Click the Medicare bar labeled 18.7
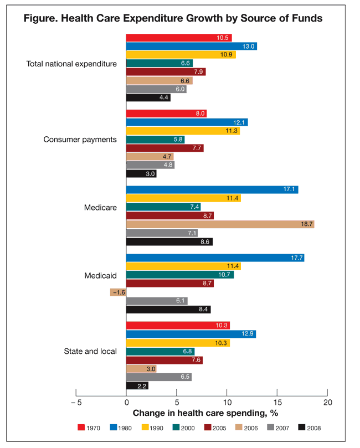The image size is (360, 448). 220,224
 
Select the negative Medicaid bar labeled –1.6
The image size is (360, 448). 118,292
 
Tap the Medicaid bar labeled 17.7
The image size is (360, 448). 215,258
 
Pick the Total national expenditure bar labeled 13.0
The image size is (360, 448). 191,46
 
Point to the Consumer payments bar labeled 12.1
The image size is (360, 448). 187,122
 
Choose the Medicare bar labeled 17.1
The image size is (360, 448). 212,189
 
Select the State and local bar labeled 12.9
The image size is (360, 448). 191,334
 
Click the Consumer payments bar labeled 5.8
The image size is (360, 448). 155,139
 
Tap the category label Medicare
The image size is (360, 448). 100,208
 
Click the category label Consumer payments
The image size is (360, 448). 80,139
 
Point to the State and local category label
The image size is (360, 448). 90,351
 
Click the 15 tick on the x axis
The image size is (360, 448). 277,403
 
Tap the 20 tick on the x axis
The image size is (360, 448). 328,403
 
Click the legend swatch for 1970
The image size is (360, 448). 81,428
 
